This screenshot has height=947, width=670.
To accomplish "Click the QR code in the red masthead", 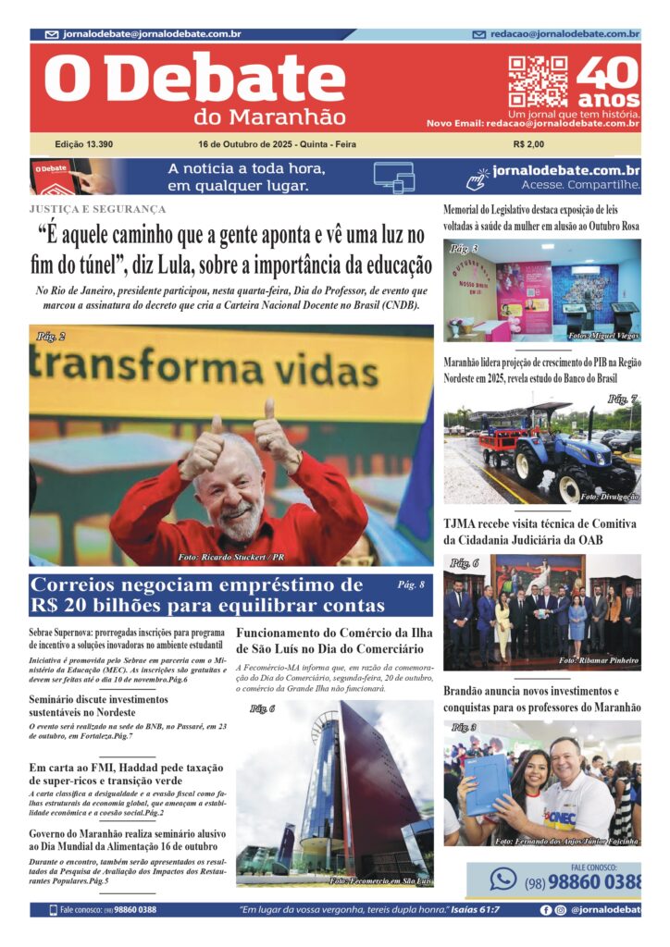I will [x=537, y=82].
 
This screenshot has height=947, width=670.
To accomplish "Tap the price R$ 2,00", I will [x=528, y=144].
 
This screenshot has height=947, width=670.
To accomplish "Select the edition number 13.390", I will [x=84, y=144].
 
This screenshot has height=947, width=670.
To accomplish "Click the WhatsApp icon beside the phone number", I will [x=503, y=879].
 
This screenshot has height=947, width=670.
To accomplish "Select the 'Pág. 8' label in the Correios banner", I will [x=410, y=585].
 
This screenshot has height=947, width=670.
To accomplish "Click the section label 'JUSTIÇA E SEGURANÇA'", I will [x=97, y=210].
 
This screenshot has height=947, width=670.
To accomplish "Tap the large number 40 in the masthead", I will [x=607, y=73].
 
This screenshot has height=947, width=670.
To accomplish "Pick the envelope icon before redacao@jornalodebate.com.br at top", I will [x=478, y=34].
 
